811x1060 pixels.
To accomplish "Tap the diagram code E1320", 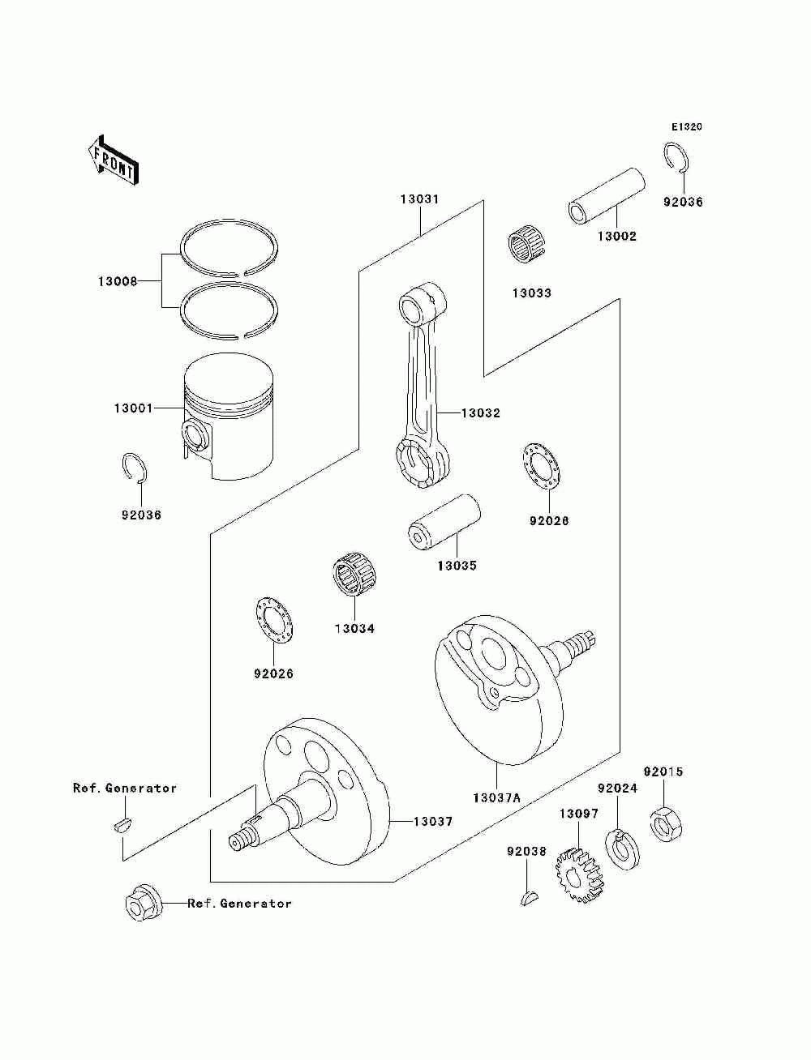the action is (686, 127).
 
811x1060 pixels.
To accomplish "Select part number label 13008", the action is (118, 281).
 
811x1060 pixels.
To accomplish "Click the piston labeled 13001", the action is (229, 417).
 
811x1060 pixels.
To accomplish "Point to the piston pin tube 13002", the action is (607, 195).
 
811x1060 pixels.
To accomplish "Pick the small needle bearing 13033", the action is (525, 245).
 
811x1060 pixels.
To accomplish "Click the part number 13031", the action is (419, 199).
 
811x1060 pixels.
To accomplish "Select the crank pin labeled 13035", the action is (444, 522).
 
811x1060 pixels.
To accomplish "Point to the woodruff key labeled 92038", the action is (529, 898).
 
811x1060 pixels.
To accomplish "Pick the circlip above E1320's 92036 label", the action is (676, 157).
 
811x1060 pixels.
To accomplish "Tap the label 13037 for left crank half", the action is (433, 821).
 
